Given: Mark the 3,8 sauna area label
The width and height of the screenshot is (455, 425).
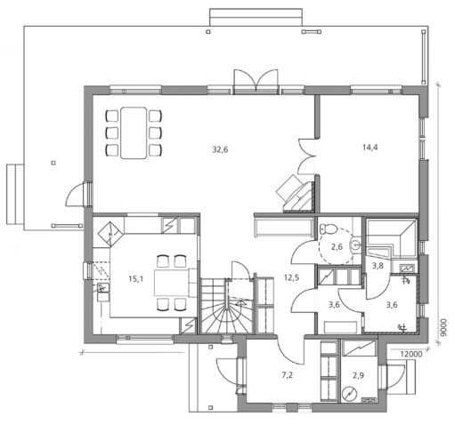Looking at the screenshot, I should point(377,265).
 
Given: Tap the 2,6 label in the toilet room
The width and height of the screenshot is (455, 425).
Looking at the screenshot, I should point(337,248).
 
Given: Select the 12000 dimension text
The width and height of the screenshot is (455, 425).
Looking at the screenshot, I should point(411,354).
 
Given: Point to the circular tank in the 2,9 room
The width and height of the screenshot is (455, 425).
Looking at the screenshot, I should point(350,394).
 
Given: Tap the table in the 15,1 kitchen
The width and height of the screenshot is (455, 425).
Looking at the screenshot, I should point(169,284).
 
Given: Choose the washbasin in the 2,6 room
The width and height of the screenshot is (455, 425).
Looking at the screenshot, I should point(355,241).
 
